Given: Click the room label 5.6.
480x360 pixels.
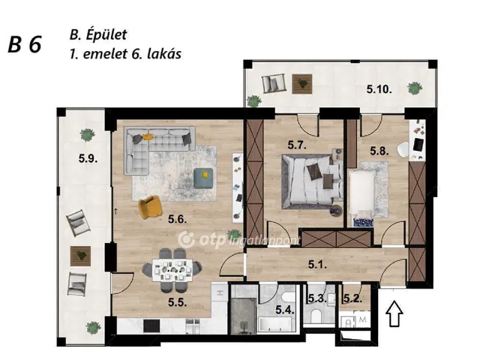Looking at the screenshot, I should tap(178, 220).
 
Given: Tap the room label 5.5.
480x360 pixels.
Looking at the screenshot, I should tap(178, 304).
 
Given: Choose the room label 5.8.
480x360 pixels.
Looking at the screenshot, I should tap(379, 150).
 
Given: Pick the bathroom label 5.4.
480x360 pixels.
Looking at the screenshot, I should tap(284, 309).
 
